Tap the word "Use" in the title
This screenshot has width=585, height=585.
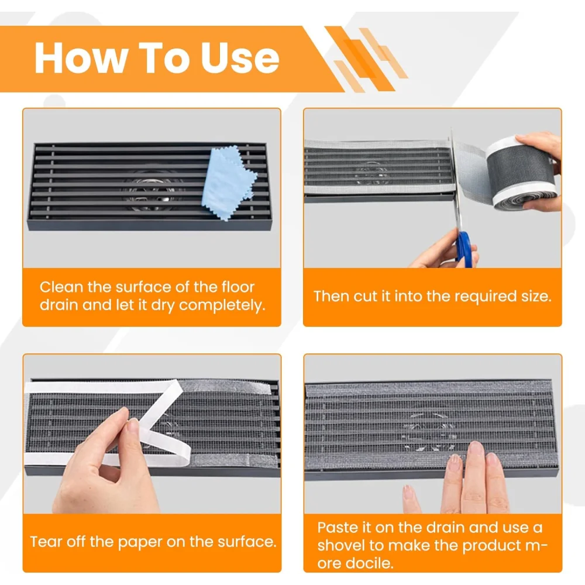pyautogui.click(x=240, y=58)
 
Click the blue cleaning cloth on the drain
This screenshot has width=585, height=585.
pyautogui.click(x=228, y=183)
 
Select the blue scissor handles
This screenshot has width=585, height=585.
pyautogui.click(x=465, y=249)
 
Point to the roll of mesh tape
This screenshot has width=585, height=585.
pyautogui.click(x=522, y=174)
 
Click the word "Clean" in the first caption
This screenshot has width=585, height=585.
pyautogui.click(x=61, y=287)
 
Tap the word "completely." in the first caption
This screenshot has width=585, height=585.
pyautogui.click(x=222, y=306)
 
